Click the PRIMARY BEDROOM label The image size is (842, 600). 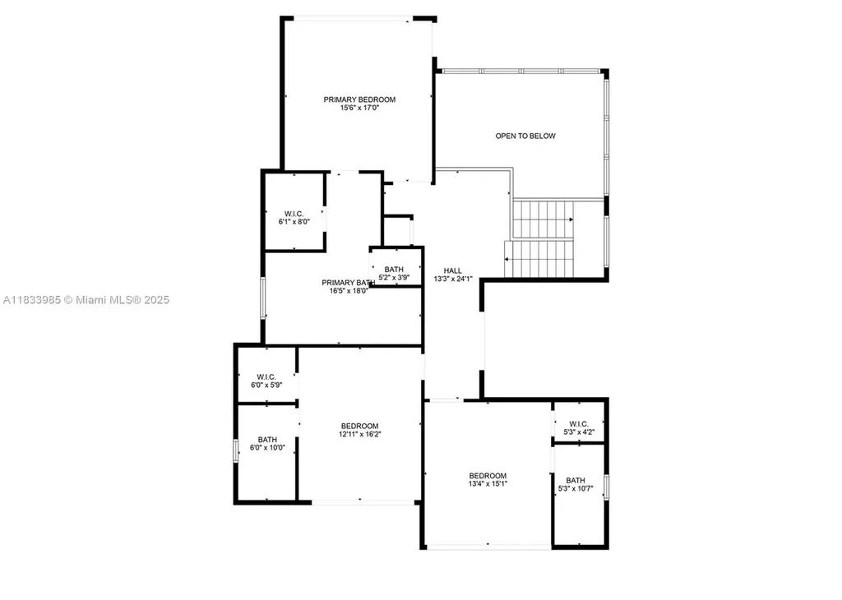pyautogui.click(x=359, y=99)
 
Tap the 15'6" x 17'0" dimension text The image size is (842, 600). pyautogui.click(x=359, y=108)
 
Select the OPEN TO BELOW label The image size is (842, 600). pyautogui.click(x=525, y=136)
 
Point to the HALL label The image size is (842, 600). pyautogui.click(x=453, y=270)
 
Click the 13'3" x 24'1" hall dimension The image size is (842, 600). pyautogui.click(x=453, y=279)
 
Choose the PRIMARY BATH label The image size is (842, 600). pyautogui.click(x=348, y=283)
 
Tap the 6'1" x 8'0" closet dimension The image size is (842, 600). pyautogui.click(x=294, y=222)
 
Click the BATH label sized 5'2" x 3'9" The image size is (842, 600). pyautogui.click(x=394, y=269)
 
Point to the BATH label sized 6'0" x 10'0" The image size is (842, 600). pyautogui.click(x=267, y=439)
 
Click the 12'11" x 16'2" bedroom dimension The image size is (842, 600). pyautogui.click(x=360, y=434)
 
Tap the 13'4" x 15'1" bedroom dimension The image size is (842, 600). pyautogui.click(x=488, y=484)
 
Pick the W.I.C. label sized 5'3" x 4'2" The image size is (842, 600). pyautogui.click(x=580, y=424)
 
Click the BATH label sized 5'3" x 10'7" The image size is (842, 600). pyautogui.click(x=576, y=480)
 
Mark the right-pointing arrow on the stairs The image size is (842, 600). pyautogui.click(x=570, y=219)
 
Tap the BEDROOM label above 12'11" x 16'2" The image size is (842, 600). pyautogui.click(x=360, y=425)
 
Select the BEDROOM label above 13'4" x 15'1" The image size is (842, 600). pyautogui.click(x=488, y=475)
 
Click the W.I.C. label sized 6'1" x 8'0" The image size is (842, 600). pyautogui.click(x=294, y=214)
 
